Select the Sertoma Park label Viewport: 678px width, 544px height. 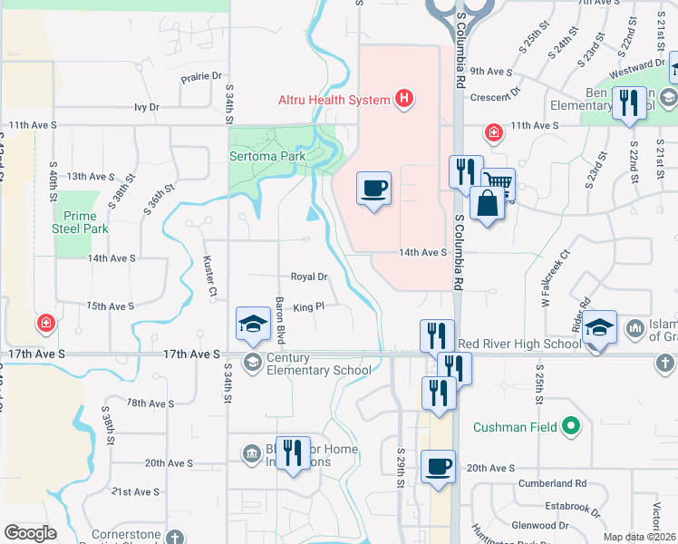[x=266, y=156]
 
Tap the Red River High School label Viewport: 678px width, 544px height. [x=519, y=344]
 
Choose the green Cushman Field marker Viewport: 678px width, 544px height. [x=570, y=424]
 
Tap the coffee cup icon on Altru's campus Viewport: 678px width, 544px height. [x=374, y=189]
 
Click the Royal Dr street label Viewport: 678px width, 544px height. [x=308, y=277]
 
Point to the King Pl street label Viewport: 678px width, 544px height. [x=308, y=307]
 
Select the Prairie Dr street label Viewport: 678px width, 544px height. [x=201, y=77]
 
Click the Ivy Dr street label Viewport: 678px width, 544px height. [x=147, y=107]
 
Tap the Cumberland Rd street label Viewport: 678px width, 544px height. [x=553, y=483]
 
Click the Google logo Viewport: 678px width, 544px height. [x=30, y=533]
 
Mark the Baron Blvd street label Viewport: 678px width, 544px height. [x=281, y=317]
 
